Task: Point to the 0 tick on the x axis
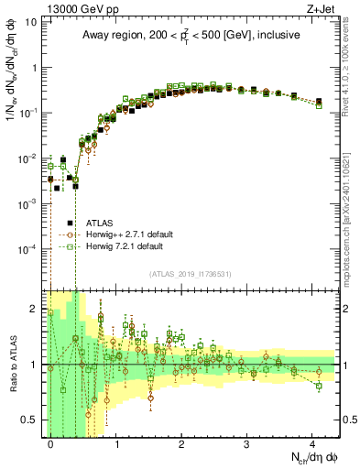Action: tap(51, 444)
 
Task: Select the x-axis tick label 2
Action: tap(182, 444)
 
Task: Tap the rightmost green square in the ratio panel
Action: tap(319, 386)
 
